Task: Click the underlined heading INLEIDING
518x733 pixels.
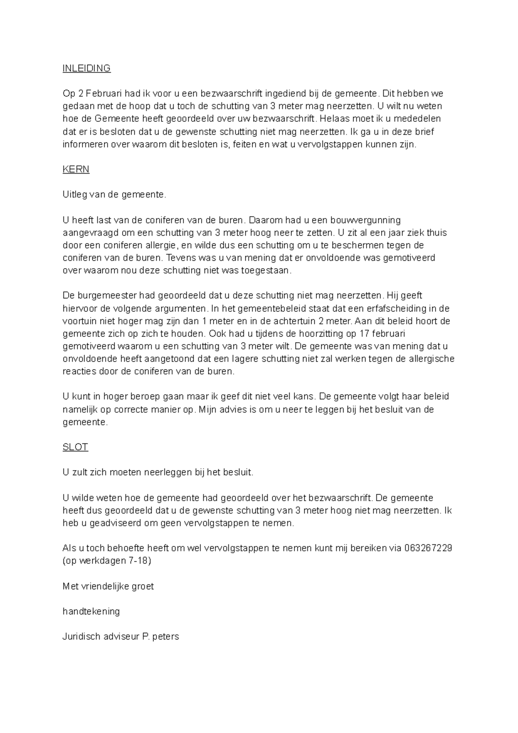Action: point(86,68)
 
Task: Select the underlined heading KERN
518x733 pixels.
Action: point(76,169)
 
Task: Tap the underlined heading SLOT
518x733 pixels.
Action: point(75,447)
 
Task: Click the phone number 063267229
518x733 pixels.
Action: point(428,548)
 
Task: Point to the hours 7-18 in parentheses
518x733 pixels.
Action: point(137,561)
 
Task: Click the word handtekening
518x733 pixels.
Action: point(91,611)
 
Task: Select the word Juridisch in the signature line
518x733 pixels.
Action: point(81,637)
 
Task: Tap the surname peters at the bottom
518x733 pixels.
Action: point(166,637)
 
